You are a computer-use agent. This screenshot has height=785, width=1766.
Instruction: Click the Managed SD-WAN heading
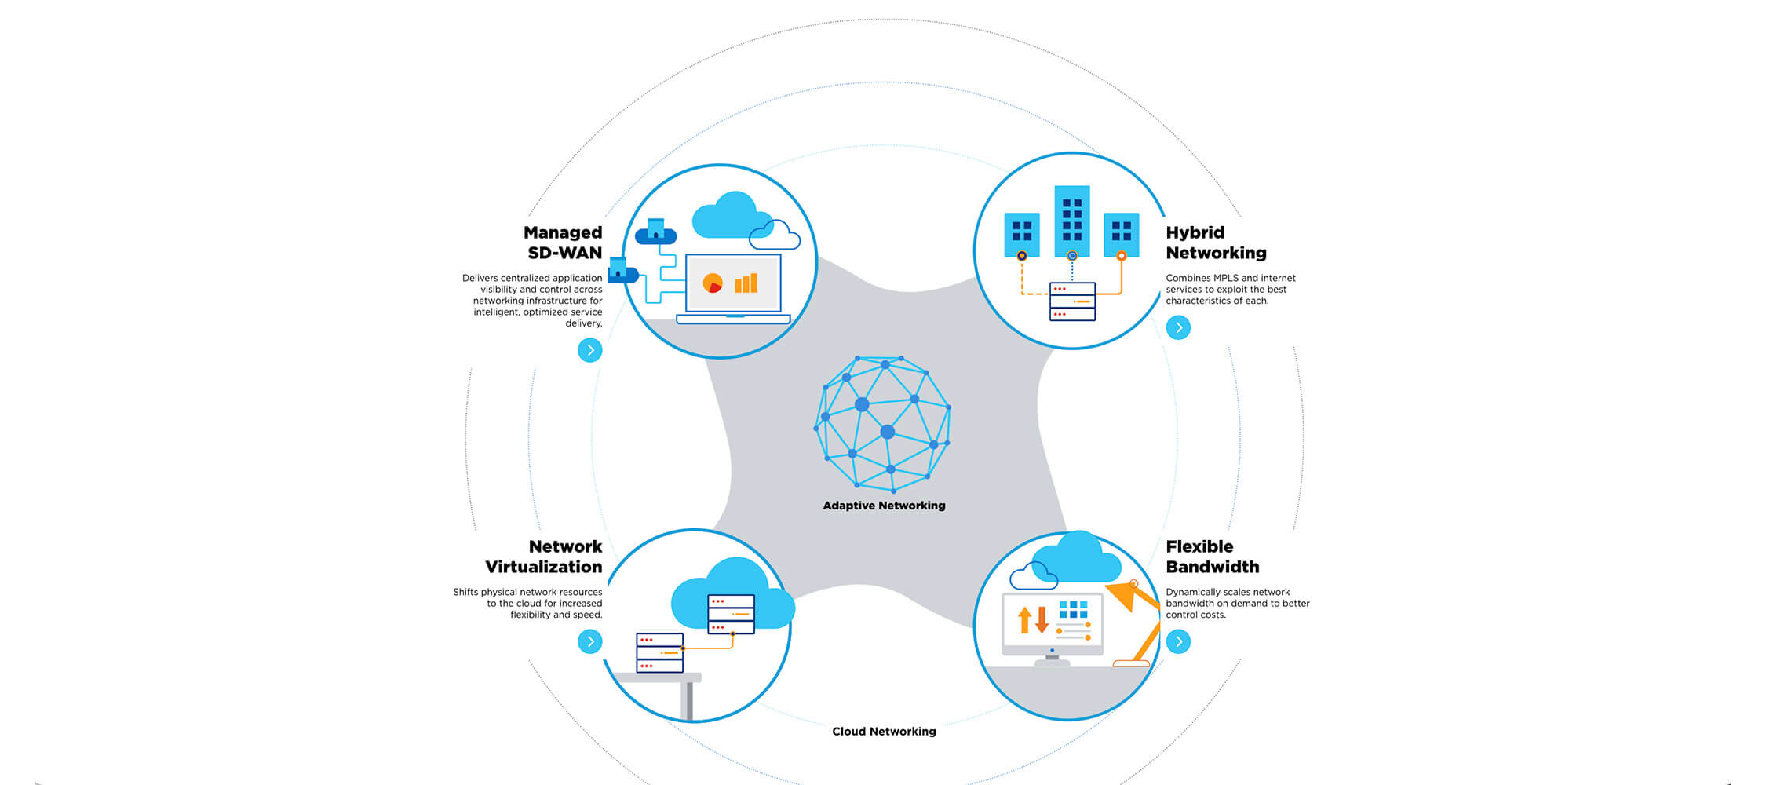(x=563, y=243)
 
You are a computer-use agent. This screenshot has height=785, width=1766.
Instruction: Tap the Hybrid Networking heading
(x=1216, y=243)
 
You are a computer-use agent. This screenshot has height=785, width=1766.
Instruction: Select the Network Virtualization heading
(x=544, y=557)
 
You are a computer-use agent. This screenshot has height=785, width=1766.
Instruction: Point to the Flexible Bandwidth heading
(x=1212, y=557)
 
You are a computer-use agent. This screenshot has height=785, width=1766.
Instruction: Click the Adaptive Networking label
(x=884, y=506)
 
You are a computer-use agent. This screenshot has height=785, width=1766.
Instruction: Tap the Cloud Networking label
(x=884, y=732)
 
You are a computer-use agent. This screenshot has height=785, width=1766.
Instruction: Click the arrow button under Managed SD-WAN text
(x=590, y=350)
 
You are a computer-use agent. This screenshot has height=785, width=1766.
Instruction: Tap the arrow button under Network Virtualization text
(x=590, y=642)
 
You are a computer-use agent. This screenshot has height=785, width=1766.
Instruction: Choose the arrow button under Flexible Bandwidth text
(x=1178, y=642)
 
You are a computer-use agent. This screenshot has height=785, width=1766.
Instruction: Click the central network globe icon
(x=883, y=424)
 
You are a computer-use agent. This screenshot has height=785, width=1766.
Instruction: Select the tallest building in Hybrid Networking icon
(x=1072, y=221)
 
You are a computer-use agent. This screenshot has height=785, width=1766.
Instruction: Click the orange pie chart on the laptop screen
(x=713, y=283)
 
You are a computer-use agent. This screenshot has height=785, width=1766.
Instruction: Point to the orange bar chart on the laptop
(x=746, y=283)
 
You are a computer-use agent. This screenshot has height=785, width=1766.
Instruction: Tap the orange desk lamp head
(x=1123, y=595)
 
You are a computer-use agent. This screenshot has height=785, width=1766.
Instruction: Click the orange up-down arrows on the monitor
(x=1033, y=619)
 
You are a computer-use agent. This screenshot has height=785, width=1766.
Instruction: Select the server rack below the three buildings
(x=1072, y=301)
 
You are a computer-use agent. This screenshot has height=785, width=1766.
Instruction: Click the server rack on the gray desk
(x=659, y=653)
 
